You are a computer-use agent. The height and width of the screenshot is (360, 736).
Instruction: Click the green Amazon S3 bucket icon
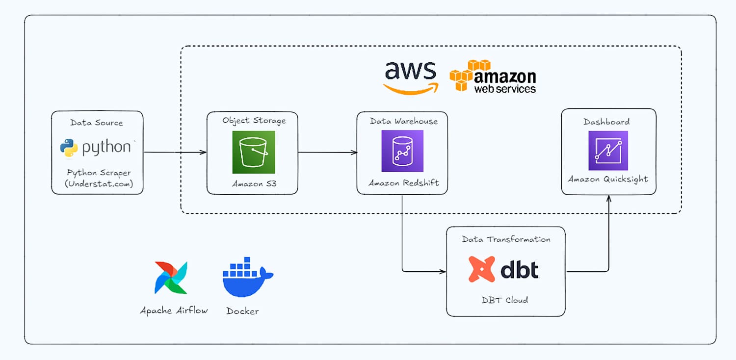[254, 152]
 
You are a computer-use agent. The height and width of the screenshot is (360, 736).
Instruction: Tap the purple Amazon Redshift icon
[402, 151]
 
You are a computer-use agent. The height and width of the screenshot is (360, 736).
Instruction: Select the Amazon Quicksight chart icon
[608, 151]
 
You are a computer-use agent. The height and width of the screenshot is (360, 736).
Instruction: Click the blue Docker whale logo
[248, 277]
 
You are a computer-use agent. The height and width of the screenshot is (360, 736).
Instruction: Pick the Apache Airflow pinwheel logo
[171, 278]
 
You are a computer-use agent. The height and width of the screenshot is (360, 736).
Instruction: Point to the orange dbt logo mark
[482, 269]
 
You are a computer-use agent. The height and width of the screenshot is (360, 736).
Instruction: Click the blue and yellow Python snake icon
[69, 148]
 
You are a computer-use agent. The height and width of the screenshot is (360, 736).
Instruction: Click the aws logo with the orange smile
[411, 78]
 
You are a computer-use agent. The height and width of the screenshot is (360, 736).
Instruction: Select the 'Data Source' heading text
[97, 123]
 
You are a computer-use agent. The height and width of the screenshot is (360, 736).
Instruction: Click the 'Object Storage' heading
[254, 121]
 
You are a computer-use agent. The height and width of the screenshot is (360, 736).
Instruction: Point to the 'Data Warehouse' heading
[404, 121]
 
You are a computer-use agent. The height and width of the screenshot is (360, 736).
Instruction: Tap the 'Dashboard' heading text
[606, 122]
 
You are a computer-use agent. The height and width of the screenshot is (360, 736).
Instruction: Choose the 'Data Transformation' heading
[506, 239]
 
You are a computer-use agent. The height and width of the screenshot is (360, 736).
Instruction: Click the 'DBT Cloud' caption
[505, 300]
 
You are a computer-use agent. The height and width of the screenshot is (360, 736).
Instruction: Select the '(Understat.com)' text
[99, 183]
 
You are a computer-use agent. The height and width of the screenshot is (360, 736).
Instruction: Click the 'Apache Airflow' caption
[174, 310]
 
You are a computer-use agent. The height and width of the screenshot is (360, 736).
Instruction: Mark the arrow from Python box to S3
[175, 152]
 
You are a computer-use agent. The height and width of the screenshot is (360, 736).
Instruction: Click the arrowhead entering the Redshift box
[354, 153]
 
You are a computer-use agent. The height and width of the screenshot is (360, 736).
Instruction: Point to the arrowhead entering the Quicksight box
[609, 199]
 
